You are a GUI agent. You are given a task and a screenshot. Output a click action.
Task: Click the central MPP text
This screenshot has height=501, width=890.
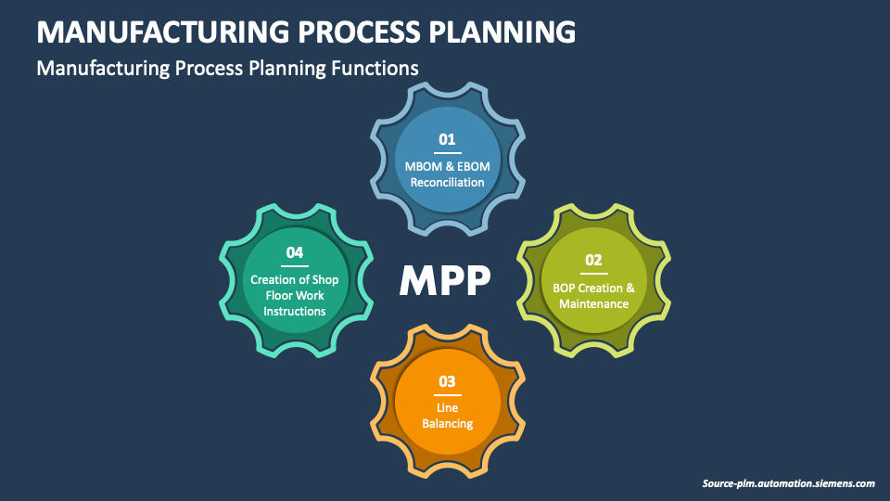[x=445, y=280]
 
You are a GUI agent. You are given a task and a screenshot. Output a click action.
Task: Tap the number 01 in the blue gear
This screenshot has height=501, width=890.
[x=447, y=139]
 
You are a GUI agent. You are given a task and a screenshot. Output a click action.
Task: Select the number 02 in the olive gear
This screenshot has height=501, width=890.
[x=593, y=260]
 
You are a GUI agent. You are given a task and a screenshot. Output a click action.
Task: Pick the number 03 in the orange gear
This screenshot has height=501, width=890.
[x=447, y=381]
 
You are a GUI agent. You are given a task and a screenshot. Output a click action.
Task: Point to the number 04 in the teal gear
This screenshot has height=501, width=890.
[x=295, y=252]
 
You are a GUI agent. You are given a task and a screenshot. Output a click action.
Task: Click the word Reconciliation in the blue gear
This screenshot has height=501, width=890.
[x=447, y=183]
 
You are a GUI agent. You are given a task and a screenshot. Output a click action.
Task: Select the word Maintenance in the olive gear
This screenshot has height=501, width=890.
[x=593, y=304]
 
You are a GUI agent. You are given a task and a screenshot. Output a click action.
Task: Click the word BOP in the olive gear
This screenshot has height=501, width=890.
[x=565, y=288]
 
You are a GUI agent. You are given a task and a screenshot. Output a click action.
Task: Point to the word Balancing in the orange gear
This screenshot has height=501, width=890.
[x=447, y=424]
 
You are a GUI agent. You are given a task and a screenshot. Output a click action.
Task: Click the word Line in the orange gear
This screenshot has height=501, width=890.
[x=447, y=408]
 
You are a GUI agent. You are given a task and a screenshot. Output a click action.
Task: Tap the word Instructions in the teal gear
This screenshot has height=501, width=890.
[x=295, y=312]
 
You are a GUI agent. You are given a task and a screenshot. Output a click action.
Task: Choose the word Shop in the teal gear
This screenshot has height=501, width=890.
[x=325, y=279]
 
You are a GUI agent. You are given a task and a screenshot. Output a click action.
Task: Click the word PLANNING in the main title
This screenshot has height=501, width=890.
[x=502, y=32]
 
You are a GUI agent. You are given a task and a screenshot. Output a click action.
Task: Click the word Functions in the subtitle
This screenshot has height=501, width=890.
[x=375, y=68]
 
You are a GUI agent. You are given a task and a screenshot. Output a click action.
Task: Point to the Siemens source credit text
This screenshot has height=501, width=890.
[x=788, y=483]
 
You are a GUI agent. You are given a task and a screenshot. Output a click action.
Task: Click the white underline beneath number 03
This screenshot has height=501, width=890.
[x=447, y=395]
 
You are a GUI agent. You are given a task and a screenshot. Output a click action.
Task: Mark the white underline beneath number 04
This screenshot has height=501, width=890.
[x=295, y=266]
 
